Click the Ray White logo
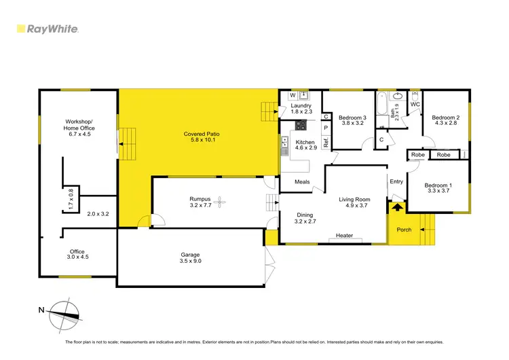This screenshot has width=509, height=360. point(47,29)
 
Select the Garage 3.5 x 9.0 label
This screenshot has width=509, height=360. point(190,258)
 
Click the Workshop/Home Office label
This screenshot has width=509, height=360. point(79,125)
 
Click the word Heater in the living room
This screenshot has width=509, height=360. point(345,236)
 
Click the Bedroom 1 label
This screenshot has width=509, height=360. point(438,189)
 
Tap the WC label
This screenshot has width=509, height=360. point(415,105)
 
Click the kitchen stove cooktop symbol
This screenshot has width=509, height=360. point(300,125)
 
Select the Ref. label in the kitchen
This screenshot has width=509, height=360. point(326,143)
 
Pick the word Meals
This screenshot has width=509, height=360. point(303,181)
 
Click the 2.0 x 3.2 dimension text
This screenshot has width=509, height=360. point(98,214)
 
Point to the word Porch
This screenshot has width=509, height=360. point(404,230)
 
